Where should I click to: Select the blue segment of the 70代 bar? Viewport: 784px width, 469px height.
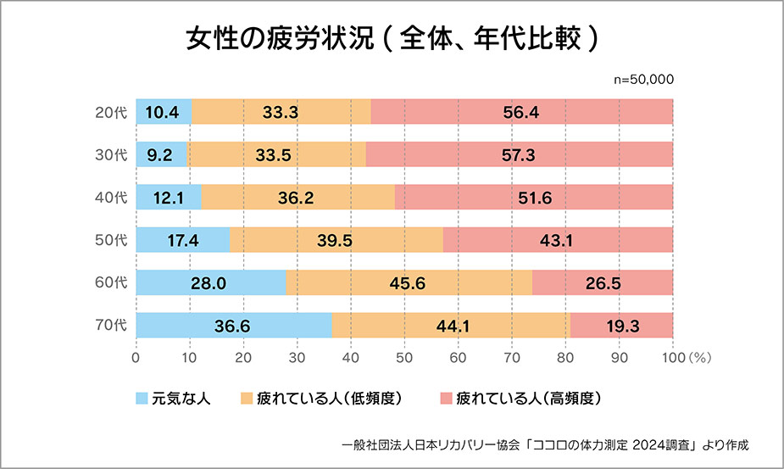point(233,325)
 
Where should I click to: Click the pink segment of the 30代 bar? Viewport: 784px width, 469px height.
point(519,154)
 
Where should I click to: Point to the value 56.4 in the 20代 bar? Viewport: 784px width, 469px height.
point(522,112)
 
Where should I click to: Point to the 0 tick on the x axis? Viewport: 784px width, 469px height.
point(136,358)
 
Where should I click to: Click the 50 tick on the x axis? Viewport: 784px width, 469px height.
point(404,358)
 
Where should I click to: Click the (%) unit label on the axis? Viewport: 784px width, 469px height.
point(699,358)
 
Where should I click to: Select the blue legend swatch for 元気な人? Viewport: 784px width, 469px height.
point(142,397)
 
